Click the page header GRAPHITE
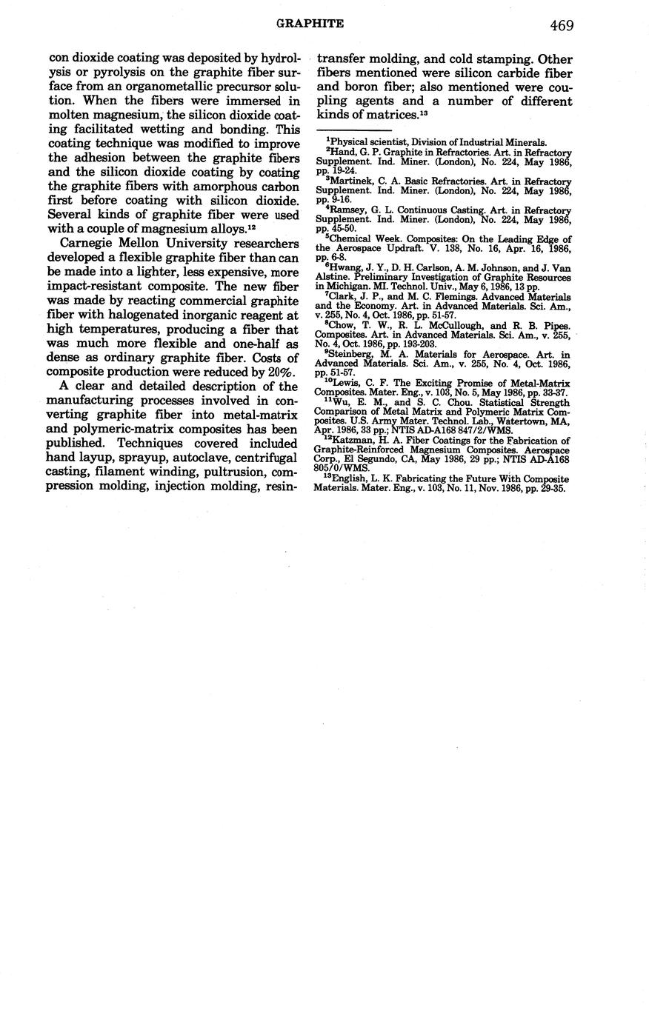pyautogui.click(x=310, y=24)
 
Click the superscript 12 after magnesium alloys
pyautogui.click(x=252, y=228)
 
